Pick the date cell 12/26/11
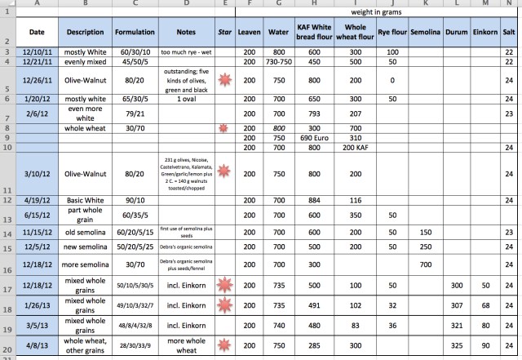coord(36,80)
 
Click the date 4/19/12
coord(36,199)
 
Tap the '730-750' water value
coord(279,62)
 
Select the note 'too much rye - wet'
coord(188,52)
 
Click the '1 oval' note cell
coord(188,98)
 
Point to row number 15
coord(6,246)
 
